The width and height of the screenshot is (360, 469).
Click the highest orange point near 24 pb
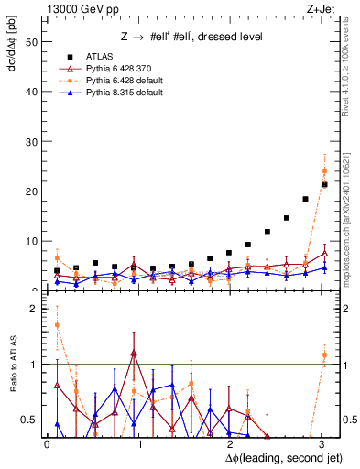[x=324, y=171]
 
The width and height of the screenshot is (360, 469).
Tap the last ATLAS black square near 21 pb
[x=324, y=184]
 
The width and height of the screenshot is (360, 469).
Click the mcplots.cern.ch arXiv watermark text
[x=351, y=211]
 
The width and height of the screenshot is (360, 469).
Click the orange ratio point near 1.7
[x=57, y=324]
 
